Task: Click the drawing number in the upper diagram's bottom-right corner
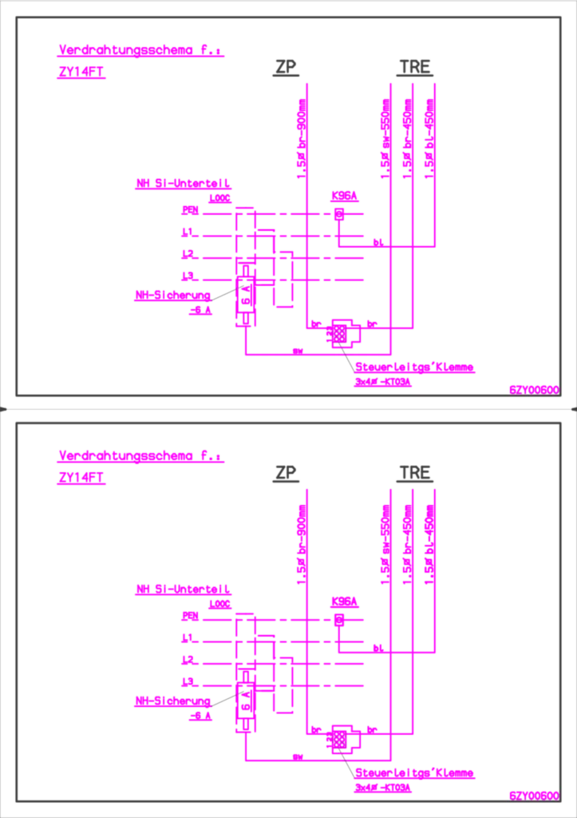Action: point(533,390)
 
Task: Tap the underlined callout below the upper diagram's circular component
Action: point(414,368)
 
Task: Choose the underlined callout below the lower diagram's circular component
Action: point(414,773)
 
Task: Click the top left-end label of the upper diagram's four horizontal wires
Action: point(189,210)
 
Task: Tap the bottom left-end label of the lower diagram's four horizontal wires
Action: point(188,681)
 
